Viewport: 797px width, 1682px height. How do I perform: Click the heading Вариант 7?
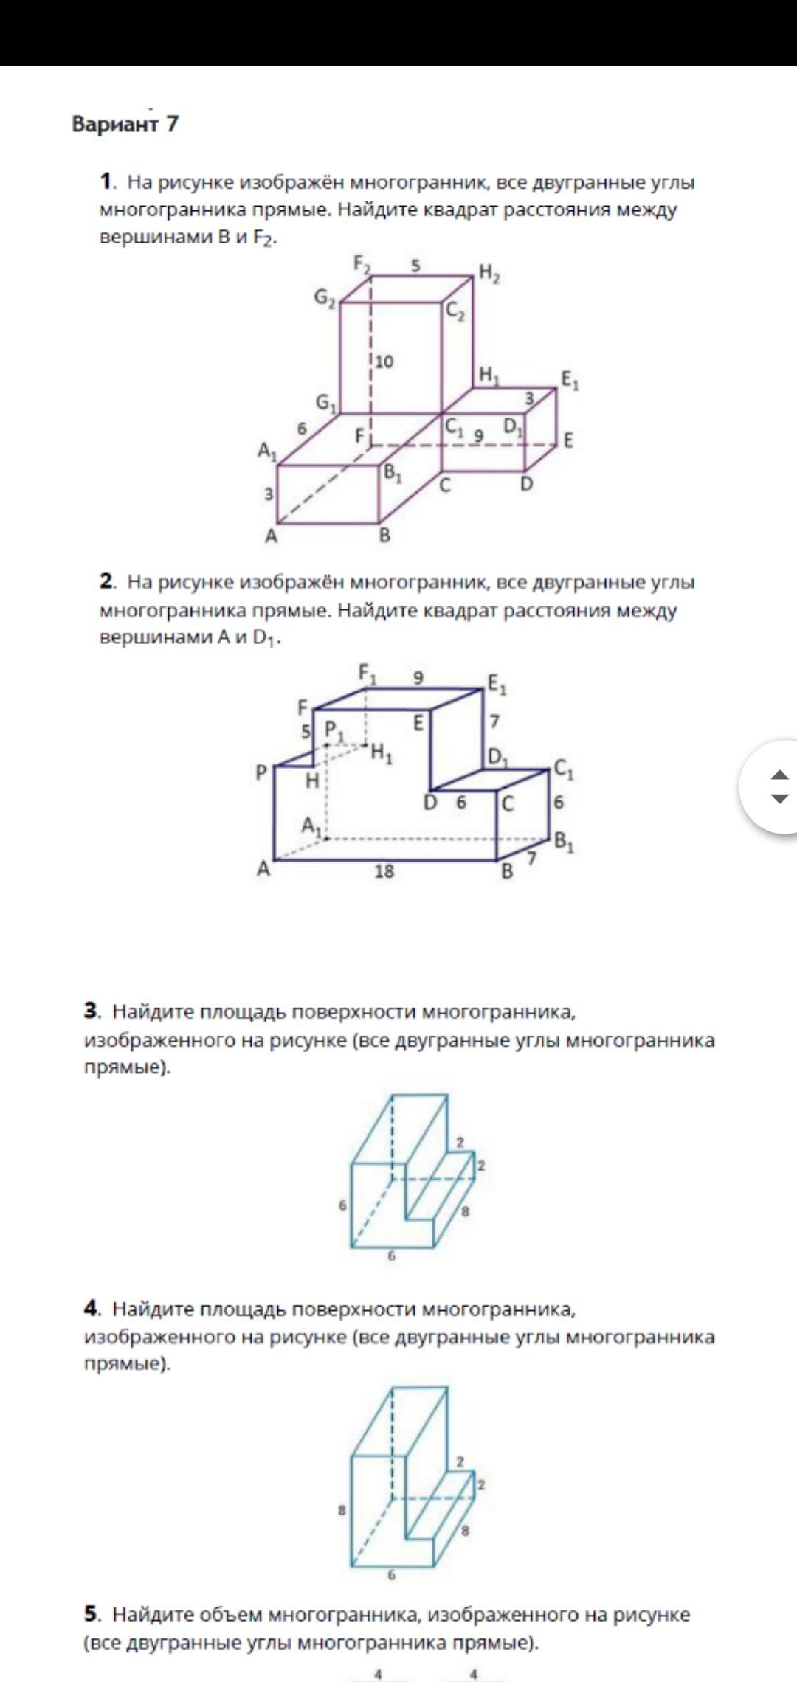tap(125, 124)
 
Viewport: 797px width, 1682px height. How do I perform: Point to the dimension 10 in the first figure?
tap(384, 361)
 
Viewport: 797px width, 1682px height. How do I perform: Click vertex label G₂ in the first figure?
tap(325, 297)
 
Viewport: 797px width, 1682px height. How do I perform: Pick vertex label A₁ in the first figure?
tap(266, 450)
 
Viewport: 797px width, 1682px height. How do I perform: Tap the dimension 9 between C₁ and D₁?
tap(478, 435)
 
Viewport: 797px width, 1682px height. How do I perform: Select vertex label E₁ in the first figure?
tap(570, 381)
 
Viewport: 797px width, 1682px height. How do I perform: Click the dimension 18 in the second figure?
tap(384, 871)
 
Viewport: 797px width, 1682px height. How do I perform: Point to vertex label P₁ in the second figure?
tap(334, 732)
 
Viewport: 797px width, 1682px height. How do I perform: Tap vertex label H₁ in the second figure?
tap(382, 753)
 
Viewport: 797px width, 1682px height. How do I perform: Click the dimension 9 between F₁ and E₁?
tap(418, 677)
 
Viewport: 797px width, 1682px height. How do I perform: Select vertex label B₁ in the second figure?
tap(565, 841)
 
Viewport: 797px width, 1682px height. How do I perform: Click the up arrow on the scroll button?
tap(779, 775)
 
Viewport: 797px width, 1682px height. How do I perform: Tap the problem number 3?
tap(92, 1011)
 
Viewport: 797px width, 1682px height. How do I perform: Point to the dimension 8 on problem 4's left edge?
tap(342, 1510)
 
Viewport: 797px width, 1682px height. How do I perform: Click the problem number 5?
tap(92, 1615)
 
